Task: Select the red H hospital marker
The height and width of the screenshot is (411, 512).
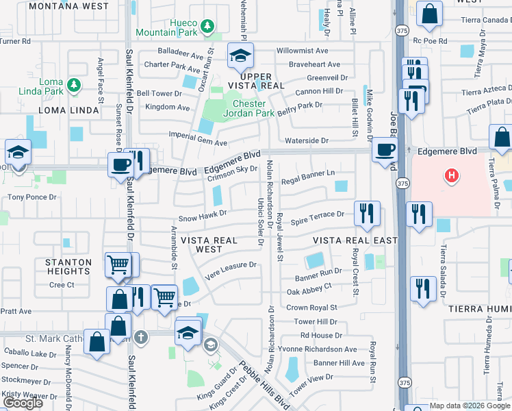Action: tap(451, 176)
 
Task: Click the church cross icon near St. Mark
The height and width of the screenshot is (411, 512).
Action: tap(140, 336)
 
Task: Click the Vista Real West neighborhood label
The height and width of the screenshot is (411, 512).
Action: tap(209, 245)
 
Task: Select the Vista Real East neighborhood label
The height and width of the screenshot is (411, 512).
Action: tap(355, 240)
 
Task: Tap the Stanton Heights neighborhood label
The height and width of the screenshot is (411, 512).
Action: tap(68, 266)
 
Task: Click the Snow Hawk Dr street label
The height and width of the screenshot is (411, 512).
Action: tap(202, 219)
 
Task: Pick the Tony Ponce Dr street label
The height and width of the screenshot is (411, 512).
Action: tap(29, 197)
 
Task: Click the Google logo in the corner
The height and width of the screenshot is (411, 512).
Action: tap(23, 403)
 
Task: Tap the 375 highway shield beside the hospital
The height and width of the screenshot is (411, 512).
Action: tap(403, 184)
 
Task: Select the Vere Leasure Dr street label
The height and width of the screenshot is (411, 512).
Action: tap(233, 264)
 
